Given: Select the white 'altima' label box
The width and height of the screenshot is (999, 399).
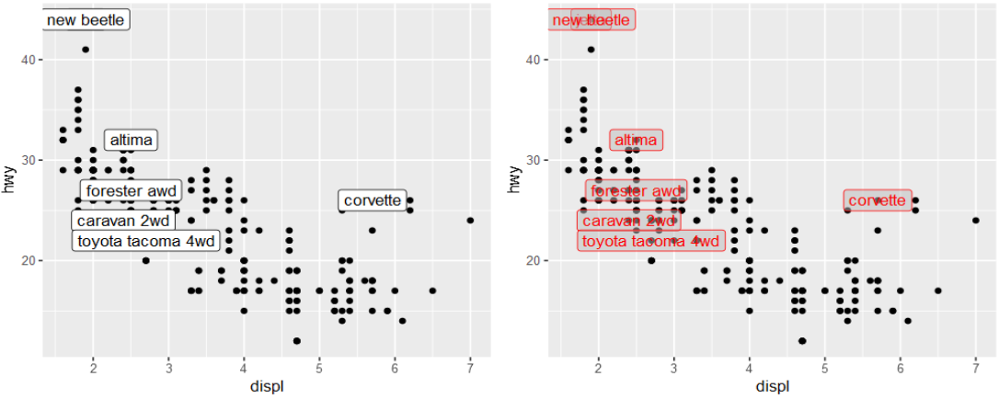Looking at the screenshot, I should (x=131, y=141).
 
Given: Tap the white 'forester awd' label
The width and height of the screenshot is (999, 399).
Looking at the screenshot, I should (x=131, y=191).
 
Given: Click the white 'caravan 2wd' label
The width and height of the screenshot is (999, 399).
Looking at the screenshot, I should (x=122, y=221).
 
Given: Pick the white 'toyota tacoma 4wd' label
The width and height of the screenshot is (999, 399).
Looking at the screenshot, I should (x=145, y=242).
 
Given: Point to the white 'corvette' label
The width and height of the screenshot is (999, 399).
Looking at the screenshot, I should (x=373, y=200).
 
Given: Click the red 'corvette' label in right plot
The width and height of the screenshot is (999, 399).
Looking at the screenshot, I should (x=877, y=200).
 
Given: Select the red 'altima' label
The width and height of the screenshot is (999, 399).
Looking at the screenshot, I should (x=636, y=141).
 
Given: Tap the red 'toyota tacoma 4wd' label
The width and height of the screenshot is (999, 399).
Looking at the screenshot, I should (x=651, y=241).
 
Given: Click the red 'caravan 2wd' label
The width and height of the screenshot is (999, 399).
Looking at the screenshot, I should (x=629, y=221).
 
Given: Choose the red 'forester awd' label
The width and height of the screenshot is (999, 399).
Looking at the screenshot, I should (x=636, y=191).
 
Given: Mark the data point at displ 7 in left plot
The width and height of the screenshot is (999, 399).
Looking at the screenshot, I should (x=470, y=221).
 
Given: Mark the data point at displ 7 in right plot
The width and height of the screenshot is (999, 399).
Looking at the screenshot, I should (x=975, y=221).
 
